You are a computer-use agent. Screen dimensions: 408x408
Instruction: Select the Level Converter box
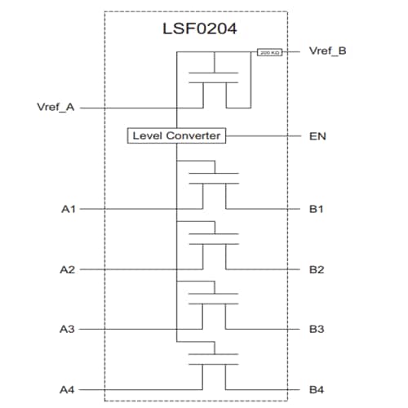pos(176,135)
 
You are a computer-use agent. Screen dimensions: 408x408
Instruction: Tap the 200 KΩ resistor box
pos(269,53)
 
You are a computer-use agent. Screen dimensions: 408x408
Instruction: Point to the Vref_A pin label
pos(55,107)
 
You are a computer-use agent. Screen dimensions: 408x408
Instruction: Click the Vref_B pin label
pos(328,51)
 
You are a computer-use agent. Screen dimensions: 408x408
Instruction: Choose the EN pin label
pos(317,135)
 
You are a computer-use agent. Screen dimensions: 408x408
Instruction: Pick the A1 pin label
pos(69,210)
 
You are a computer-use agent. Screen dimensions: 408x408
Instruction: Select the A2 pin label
pos(69,269)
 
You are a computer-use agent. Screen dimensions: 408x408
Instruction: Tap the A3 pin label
pos(69,329)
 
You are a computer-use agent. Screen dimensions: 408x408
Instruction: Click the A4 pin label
pos(69,389)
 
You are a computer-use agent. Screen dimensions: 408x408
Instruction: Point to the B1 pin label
pos(317,210)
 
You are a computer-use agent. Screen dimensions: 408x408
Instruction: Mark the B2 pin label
pos(317,269)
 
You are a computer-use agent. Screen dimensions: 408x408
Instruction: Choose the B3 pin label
pos(317,329)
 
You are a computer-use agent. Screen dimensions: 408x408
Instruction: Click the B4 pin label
pos(317,389)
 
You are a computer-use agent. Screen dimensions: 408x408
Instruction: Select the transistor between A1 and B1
pos(214,181)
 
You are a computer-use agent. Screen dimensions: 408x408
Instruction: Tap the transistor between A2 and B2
pos(214,241)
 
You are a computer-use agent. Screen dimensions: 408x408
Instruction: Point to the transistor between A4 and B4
pos(214,361)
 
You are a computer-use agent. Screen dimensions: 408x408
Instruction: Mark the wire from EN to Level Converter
pos(261,135)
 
